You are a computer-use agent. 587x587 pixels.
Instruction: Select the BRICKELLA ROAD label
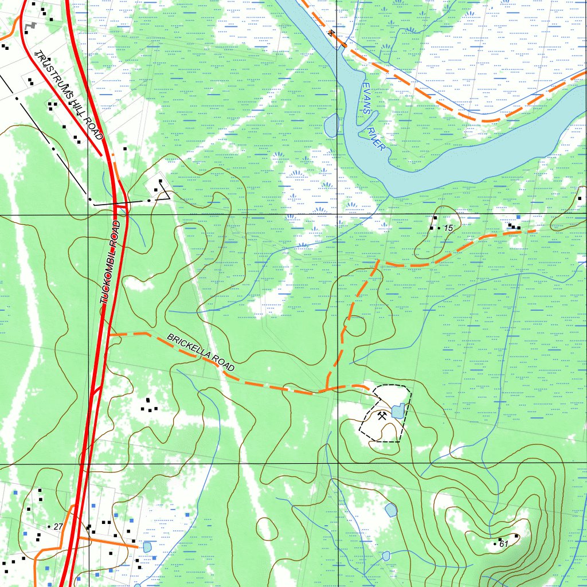(201, 356)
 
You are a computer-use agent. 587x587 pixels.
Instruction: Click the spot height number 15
(448, 228)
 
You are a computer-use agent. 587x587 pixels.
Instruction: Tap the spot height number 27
(58, 526)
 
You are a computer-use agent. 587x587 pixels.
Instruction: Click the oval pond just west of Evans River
(331, 126)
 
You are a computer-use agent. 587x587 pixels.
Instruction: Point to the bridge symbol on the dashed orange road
(332, 33)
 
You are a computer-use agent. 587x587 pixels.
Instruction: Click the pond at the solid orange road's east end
(147, 547)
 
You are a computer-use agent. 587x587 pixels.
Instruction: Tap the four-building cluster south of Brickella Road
(150, 405)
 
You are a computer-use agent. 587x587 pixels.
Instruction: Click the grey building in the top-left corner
(33, 26)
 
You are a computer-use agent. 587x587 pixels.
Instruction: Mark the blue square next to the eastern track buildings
(518, 217)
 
